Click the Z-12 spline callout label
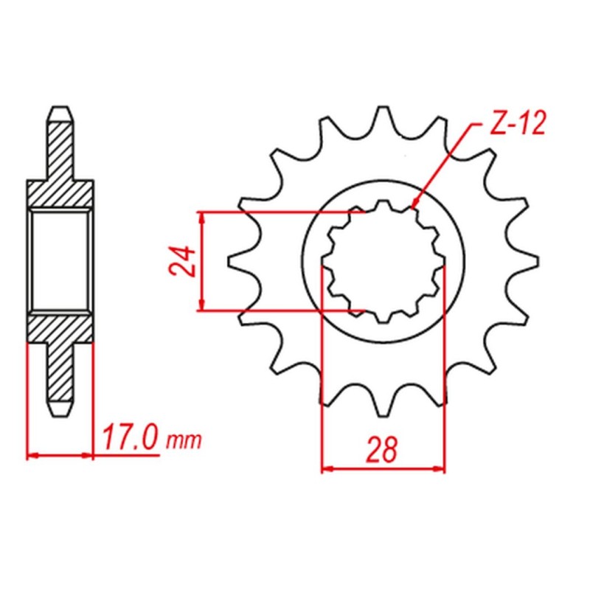pos(517,124)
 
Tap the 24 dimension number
pos(182,262)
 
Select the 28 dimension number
pos(382,450)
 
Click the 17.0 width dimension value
pos(129,437)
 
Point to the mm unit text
pos(184,441)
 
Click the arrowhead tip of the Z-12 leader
pos(412,208)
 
